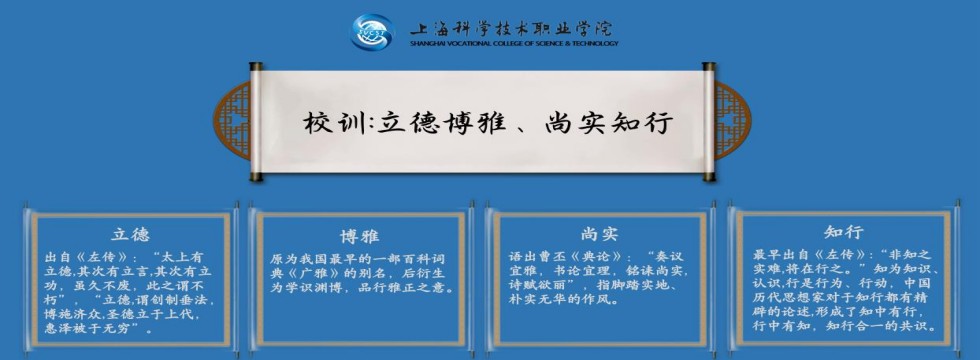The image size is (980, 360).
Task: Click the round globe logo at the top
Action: (x=372, y=31)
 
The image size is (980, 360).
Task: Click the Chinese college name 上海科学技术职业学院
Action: (x=512, y=28)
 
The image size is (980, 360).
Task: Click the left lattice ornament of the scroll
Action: (x=232, y=120)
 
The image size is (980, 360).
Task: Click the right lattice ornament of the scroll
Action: (x=732, y=120)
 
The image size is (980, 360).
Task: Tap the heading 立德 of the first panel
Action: (x=131, y=234)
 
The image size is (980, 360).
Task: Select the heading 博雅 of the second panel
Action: (x=360, y=236)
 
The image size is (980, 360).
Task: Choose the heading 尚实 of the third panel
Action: (x=598, y=234)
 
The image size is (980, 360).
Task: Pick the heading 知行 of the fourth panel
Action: (x=843, y=232)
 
